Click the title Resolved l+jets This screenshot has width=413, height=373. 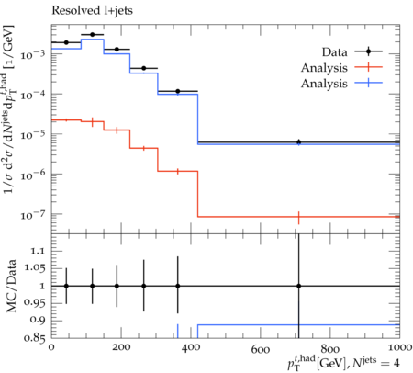92,10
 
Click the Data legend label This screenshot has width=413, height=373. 334,52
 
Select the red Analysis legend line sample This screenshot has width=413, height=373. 369,67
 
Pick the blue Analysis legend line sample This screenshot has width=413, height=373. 369,83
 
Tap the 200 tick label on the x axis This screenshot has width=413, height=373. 121,348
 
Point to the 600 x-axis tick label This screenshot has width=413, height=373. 261,349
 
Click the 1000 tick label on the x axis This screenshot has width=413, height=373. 399,347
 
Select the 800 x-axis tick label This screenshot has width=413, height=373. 330,349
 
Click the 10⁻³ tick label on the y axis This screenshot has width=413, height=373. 32,55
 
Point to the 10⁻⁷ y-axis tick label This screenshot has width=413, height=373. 32,215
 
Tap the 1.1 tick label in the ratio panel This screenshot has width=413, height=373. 38,252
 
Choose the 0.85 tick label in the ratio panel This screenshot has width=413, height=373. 34,338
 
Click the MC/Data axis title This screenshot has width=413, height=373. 11,286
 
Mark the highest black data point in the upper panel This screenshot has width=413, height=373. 93,35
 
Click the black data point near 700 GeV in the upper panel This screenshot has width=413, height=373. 299,141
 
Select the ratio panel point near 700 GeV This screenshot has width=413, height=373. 299,286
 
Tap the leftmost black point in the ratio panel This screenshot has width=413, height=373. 66,286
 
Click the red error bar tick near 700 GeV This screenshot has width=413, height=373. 298,218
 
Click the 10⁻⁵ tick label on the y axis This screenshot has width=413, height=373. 32,135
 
